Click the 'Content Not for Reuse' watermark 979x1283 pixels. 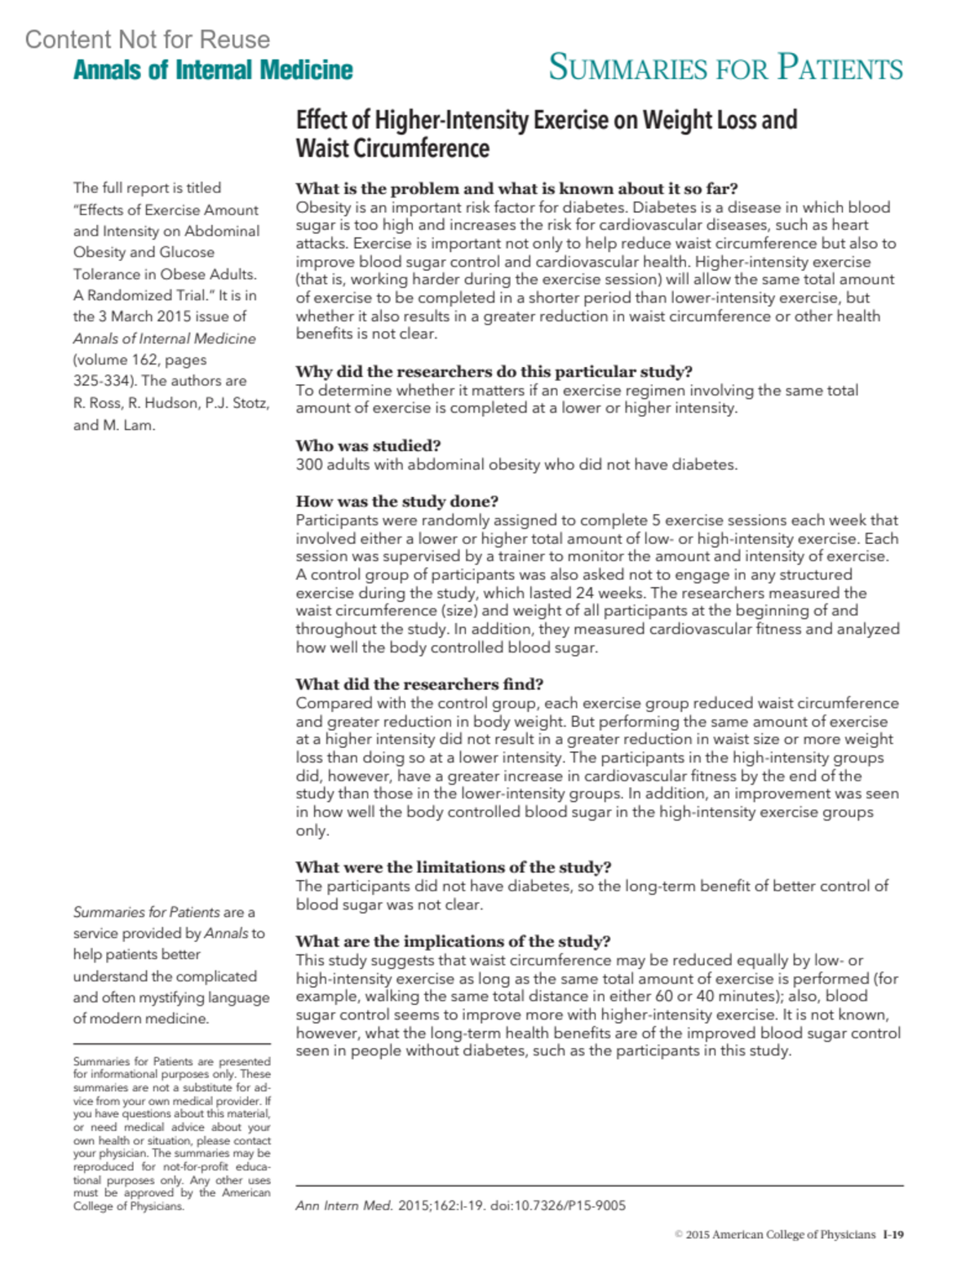click(x=147, y=39)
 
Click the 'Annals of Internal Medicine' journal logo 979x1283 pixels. click(x=213, y=70)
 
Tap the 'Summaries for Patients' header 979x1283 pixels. click(x=725, y=67)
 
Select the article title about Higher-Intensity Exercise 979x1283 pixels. click(x=546, y=134)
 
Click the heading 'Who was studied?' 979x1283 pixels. click(x=368, y=445)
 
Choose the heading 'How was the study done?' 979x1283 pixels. click(x=396, y=501)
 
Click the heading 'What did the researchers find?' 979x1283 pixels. click(x=419, y=684)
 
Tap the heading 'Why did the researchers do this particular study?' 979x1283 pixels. click(x=494, y=371)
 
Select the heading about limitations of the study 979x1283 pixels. click(x=453, y=866)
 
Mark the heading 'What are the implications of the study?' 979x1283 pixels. click(x=453, y=940)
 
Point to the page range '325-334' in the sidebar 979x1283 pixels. click(x=103, y=381)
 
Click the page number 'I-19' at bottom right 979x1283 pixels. click(x=893, y=1235)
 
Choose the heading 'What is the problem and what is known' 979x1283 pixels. click(x=516, y=188)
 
